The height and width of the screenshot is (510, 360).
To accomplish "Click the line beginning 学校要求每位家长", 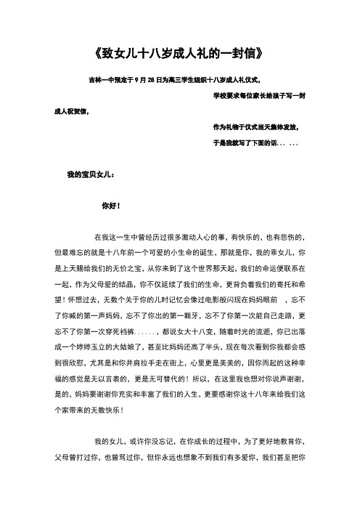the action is point(259,96).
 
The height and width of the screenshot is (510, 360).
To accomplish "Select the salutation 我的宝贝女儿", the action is point(90,174).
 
